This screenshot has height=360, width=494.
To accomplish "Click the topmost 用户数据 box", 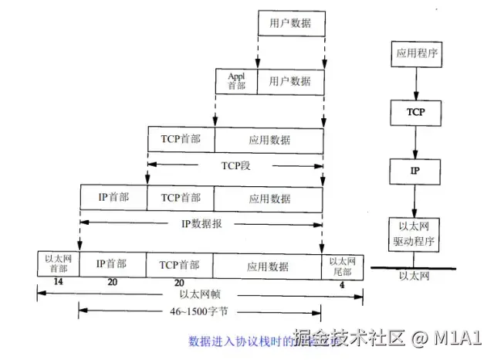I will tap(290, 23).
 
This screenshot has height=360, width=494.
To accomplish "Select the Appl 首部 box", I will tap(236, 80).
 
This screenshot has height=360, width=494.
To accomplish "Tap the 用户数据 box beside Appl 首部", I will tap(290, 80).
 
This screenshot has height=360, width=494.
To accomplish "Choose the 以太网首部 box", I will tap(58, 263).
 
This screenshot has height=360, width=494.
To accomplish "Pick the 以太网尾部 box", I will tap(340, 263).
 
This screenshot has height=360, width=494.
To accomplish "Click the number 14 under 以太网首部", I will tap(58, 283).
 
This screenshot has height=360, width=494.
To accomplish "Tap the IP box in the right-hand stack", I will tap(414, 169).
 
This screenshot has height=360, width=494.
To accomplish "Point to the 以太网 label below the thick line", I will tap(414, 277).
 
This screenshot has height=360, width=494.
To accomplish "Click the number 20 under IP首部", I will tap(113, 283).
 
